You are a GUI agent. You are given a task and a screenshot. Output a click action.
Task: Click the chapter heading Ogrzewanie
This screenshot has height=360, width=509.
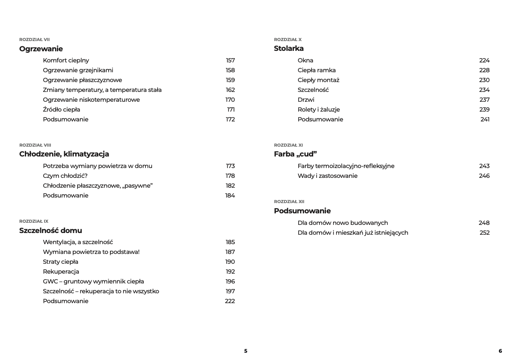click(x=41, y=49)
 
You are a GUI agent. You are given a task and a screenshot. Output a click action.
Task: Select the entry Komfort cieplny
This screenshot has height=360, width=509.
click(x=66, y=60)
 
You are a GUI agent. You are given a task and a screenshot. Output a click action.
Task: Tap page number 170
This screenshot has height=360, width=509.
click(x=230, y=100)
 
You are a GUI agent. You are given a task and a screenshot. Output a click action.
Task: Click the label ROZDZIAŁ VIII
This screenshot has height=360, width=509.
click(x=35, y=145)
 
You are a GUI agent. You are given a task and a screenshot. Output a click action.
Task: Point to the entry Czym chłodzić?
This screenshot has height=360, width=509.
click(x=65, y=176)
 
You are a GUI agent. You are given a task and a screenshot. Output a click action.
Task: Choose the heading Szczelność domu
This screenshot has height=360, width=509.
click(x=50, y=230)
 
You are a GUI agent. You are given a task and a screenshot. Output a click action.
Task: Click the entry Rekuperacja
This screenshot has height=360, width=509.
click(x=61, y=271)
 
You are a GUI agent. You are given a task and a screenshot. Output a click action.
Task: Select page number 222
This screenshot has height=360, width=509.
click(x=230, y=301)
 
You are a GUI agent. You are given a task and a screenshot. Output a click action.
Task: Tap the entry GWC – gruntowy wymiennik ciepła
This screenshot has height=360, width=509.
click(x=93, y=281)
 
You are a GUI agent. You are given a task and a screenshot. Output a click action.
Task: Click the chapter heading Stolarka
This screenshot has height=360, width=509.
click(x=289, y=49)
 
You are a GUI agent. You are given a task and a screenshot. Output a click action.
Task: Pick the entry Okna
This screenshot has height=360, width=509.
click(x=305, y=60)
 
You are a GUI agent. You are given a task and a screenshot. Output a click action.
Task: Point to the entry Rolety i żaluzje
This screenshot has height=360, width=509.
click(x=319, y=109)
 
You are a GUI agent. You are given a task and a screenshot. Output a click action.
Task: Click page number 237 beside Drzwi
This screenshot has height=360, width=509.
click(x=484, y=100)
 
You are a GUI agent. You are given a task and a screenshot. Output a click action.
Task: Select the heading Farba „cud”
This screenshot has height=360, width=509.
click(x=295, y=154)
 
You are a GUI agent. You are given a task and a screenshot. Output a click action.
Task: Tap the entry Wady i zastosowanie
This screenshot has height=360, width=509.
click(x=328, y=176)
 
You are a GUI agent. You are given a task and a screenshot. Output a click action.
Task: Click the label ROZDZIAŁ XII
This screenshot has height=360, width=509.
click(x=289, y=201)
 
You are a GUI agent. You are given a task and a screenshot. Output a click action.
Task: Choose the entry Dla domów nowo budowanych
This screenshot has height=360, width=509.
click(x=343, y=223)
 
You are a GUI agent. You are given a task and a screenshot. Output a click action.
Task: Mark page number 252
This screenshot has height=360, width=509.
click(x=484, y=233)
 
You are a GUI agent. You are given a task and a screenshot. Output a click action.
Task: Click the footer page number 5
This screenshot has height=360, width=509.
click(x=246, y=351)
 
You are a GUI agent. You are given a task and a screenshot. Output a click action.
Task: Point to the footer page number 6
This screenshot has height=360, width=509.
click(x=500, y=351)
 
